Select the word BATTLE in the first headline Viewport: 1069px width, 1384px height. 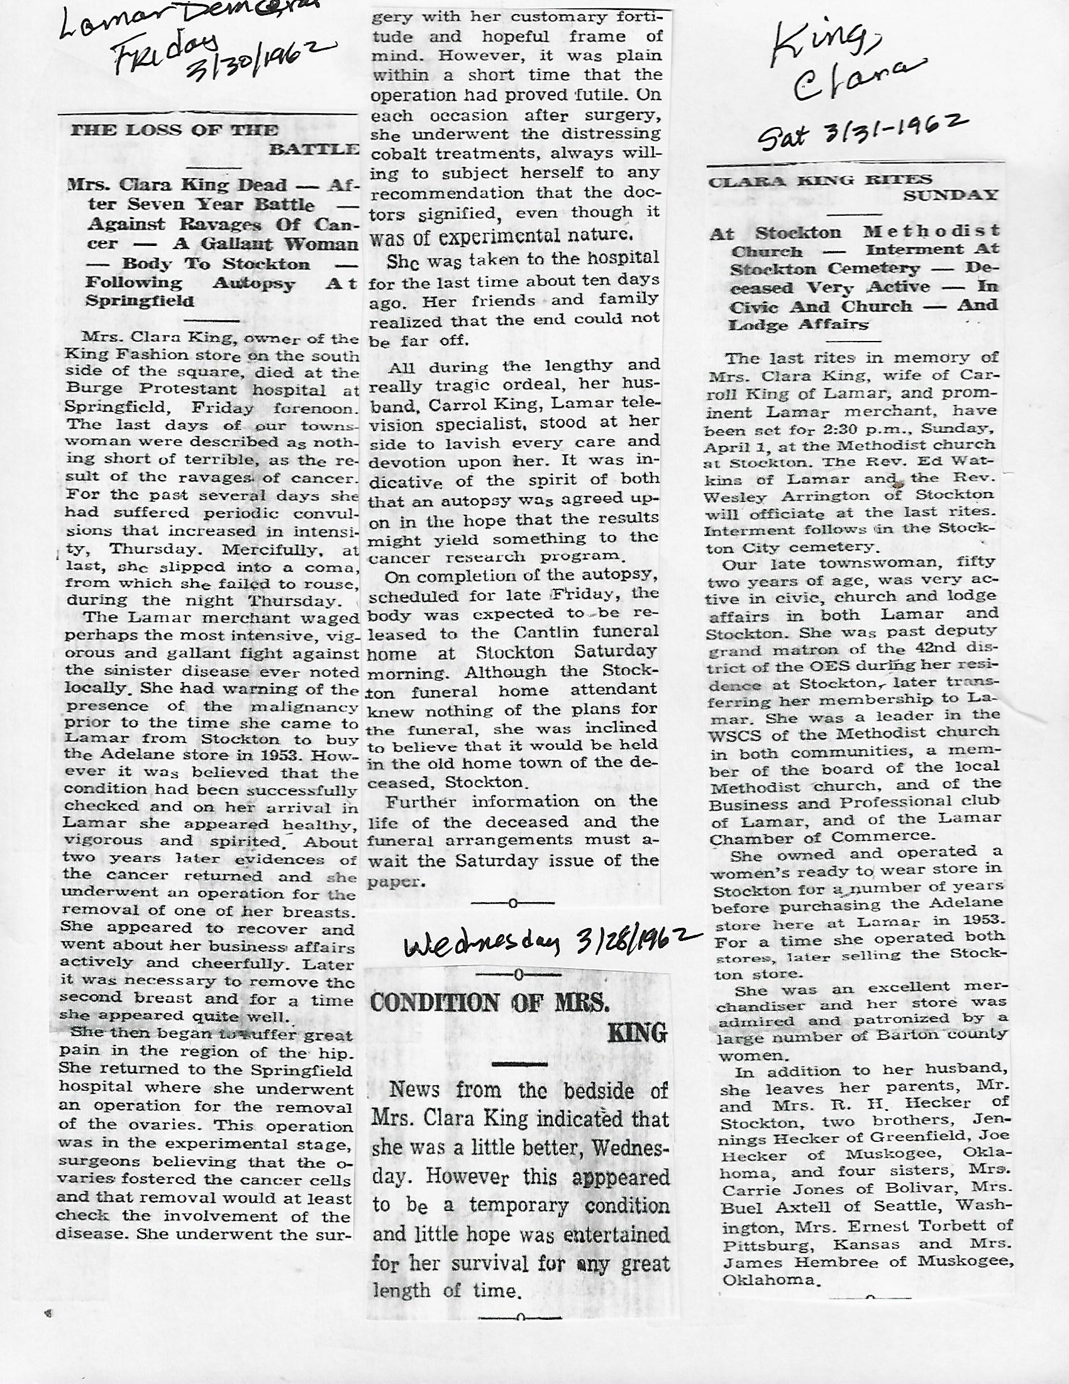(314, 149)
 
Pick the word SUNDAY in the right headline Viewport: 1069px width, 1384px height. (950, 195)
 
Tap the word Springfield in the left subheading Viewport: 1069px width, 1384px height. (140, 300)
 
